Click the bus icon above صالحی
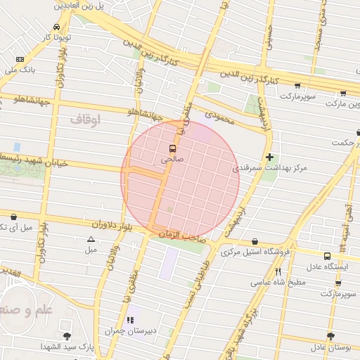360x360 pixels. click(172, 148)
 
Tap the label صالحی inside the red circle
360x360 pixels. click(172, 160)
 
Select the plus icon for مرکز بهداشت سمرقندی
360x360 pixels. click(269, 157)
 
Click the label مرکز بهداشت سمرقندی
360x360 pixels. click(265, 169)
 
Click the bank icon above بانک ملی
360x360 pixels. click(19, 59)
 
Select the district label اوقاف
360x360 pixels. click(85, 120)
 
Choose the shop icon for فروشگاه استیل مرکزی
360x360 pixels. click(254, 240)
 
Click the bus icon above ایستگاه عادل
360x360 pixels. click(327, 256)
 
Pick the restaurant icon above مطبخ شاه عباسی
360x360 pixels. click(278, 271)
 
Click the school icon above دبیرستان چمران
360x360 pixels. click(129, 320)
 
